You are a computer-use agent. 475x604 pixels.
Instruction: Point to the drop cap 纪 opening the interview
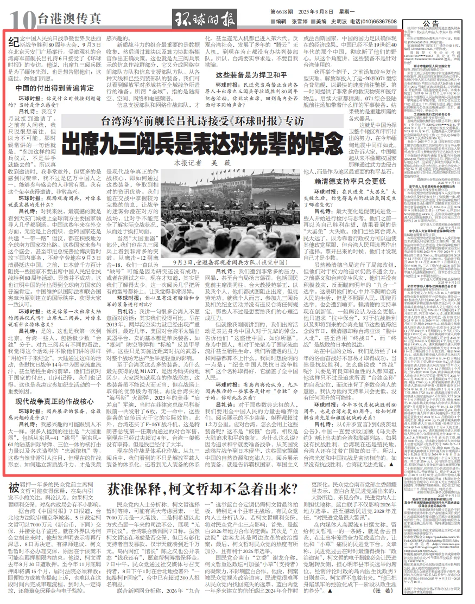pyautogui.click(x=16, y=41)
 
